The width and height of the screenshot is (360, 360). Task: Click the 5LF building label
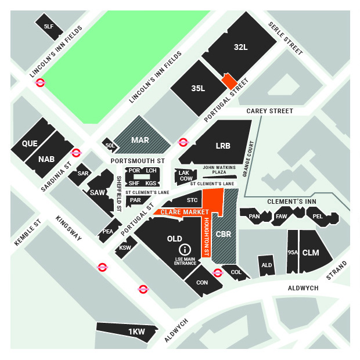(48, 26)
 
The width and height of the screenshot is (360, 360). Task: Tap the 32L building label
(241, 46)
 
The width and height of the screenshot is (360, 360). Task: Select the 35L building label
(198, 88)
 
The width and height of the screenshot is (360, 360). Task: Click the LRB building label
(222, 146)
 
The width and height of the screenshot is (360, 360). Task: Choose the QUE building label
(30, 143)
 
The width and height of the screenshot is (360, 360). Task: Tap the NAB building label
(46, 159)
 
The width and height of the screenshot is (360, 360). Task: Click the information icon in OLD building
(187, 250)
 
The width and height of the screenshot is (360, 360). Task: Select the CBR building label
(224, 235)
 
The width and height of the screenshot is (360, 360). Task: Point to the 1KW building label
(136, 331)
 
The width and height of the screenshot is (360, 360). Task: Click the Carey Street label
(269, 110)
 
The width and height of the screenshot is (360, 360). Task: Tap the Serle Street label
(285, 39)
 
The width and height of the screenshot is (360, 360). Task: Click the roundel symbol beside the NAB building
(76, 153)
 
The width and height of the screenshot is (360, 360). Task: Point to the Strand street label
(336, 271)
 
